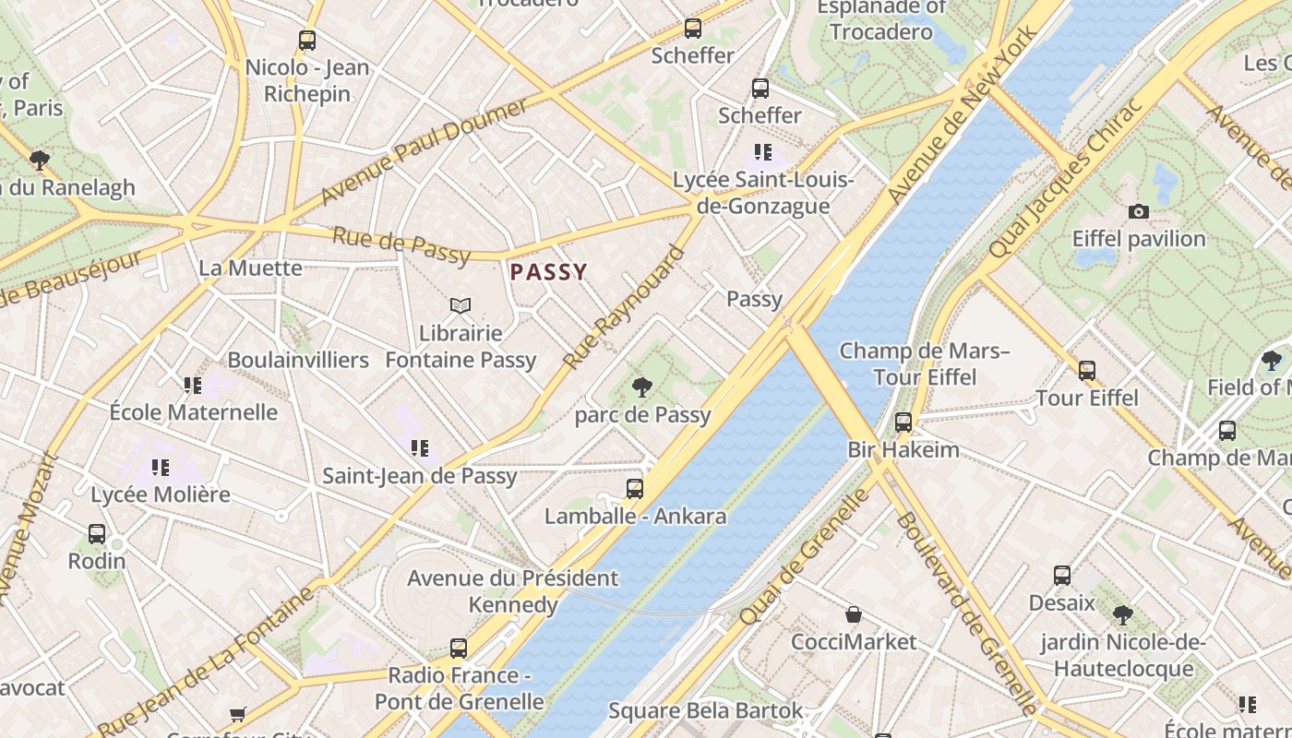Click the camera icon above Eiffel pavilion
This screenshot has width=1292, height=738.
pos(1139,212)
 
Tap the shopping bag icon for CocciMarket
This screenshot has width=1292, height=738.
pos(854,614)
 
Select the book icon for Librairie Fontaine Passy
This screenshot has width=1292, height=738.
pos(460,305)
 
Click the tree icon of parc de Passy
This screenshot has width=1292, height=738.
pos(642,387)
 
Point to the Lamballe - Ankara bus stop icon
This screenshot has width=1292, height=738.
pos(635,489)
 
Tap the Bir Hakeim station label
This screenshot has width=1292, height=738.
pos(903,450)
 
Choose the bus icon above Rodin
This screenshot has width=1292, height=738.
pos(97,534)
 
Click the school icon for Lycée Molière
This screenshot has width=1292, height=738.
pos(161,468)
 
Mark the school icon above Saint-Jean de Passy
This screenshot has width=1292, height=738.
pos(419,449)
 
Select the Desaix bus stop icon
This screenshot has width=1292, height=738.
pos(1062,576)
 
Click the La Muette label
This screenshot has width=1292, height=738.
pos(250,268)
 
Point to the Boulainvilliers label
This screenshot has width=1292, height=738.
pos(298,360)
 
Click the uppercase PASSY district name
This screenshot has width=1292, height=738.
pos(549,272)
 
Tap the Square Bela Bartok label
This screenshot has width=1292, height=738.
pos(705,711)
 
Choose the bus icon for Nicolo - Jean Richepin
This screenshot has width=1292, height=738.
pos(307,41)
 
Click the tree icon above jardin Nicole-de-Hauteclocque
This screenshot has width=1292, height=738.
pos(1122,615)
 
